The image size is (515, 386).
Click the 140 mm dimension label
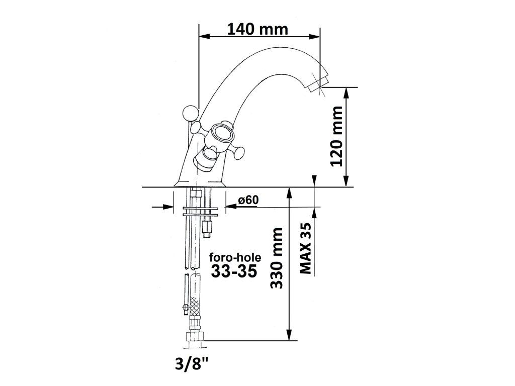257,30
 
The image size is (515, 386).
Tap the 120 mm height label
337,136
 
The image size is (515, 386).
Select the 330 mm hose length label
276,258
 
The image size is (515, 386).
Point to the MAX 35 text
306,248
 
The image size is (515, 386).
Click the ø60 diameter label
248,200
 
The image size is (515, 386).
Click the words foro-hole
235,257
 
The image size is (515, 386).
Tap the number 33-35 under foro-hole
233,271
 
